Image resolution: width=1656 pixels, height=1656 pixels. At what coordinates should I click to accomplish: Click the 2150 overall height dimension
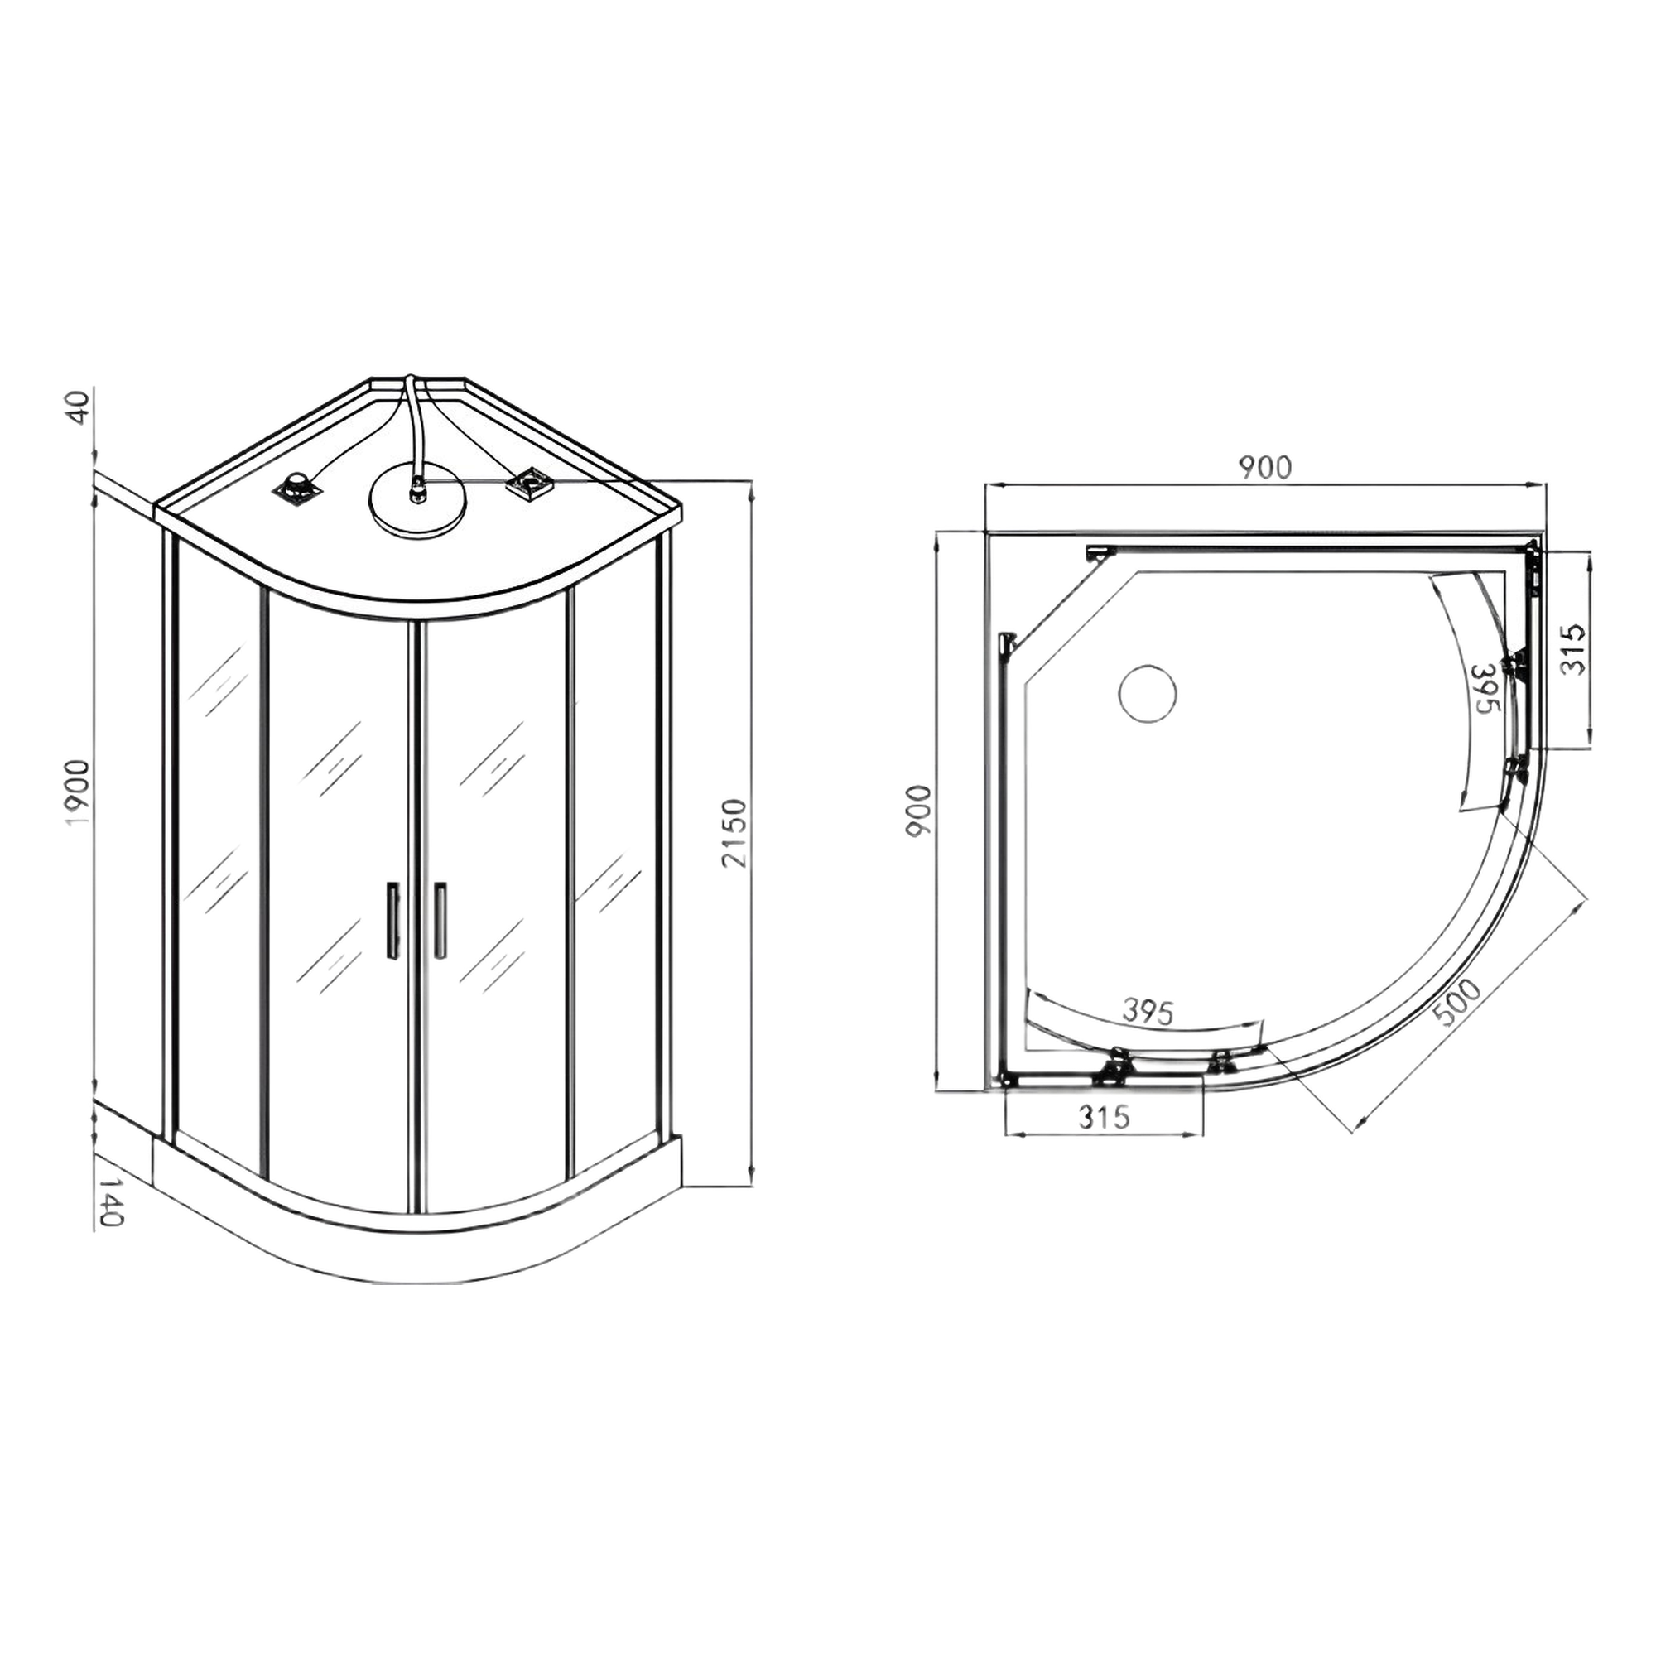coord(736,833)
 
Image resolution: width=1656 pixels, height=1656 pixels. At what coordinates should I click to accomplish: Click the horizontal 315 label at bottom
coord(1104,1118)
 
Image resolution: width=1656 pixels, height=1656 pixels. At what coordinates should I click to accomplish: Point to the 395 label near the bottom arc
coord(1148,1013)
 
